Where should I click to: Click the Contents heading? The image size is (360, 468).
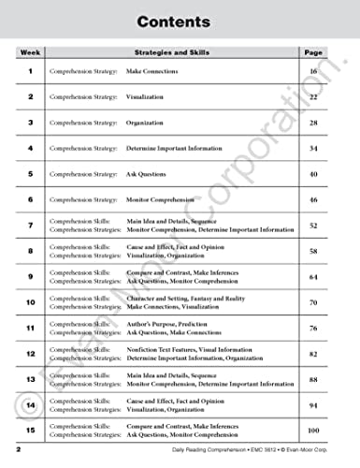[x=180, y=20]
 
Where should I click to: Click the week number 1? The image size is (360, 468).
[x=29, y=71]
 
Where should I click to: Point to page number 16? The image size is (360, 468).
[x=313, y=71]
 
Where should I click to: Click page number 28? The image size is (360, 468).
[x=313, y=123]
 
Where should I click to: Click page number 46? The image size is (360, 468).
[x=313, y=200]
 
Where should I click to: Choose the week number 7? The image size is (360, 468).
[x=29, y=226]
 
